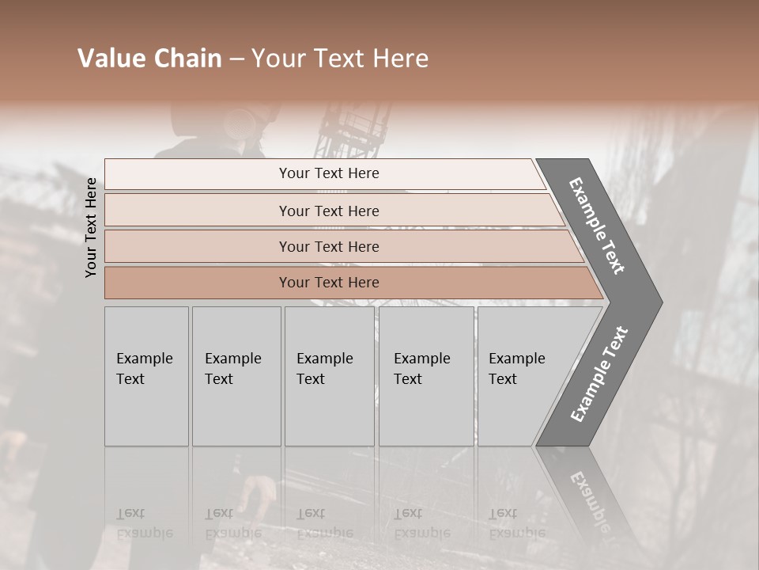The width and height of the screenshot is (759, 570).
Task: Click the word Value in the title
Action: [x=110, y=59]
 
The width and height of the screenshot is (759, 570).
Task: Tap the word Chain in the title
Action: [x=187, y=59]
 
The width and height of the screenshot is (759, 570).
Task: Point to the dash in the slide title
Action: [x=236, y=59]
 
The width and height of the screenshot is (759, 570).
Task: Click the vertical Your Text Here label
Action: [x=91, y=227]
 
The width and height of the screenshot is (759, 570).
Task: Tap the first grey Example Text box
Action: [x=146, y=376]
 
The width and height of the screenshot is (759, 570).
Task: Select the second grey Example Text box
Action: [x=236, y=376]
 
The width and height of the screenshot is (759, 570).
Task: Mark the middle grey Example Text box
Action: [x=329, y=376]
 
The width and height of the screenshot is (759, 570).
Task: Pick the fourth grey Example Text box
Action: [x=425, y=376]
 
